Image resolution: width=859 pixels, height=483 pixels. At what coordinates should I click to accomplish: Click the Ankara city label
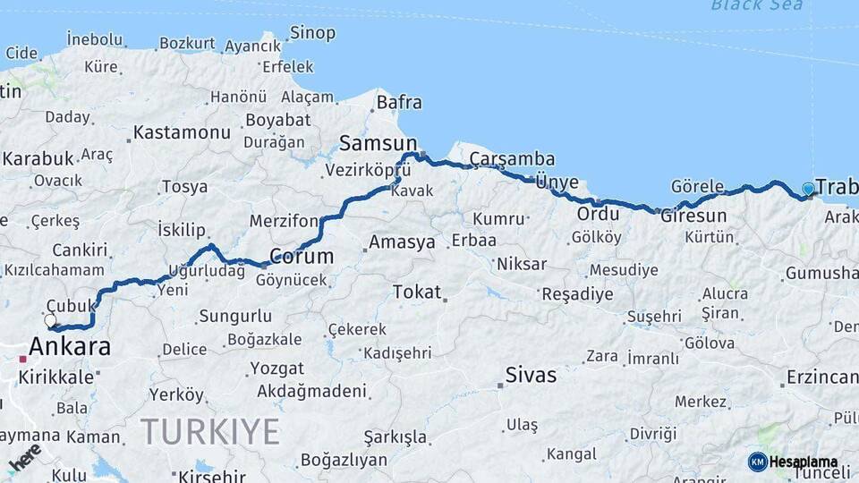(70, 346)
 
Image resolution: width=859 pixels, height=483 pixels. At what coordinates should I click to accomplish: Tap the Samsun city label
(378, 143)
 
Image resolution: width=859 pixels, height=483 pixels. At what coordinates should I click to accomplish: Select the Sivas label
(530, 375)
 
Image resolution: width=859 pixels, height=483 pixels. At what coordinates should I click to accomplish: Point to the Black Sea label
(756, 5)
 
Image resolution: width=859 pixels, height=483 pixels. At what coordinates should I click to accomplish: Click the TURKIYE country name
(210, 432)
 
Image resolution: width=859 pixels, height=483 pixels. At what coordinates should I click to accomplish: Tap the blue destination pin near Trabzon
(808, 189)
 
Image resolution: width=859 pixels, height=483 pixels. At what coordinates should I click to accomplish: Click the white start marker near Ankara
(50, 320)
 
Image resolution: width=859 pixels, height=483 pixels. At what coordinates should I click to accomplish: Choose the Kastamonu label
(182, 133)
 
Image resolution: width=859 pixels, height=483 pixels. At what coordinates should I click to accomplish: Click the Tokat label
(417, 292)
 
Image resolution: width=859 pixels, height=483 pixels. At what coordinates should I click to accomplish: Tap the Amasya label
(402, 241)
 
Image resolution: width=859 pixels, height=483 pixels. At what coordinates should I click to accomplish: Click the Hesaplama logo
(793, 462)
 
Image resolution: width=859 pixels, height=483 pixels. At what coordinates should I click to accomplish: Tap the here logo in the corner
(24, 455)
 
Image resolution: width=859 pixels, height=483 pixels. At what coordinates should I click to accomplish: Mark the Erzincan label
(822, 377)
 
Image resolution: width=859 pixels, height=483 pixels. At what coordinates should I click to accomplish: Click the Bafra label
(399, 102)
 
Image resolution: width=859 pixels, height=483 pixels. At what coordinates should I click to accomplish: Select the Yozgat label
(276, 368)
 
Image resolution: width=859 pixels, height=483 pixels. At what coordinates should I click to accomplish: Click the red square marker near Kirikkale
(22, 360)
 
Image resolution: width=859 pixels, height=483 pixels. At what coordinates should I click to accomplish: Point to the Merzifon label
(284, 221)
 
